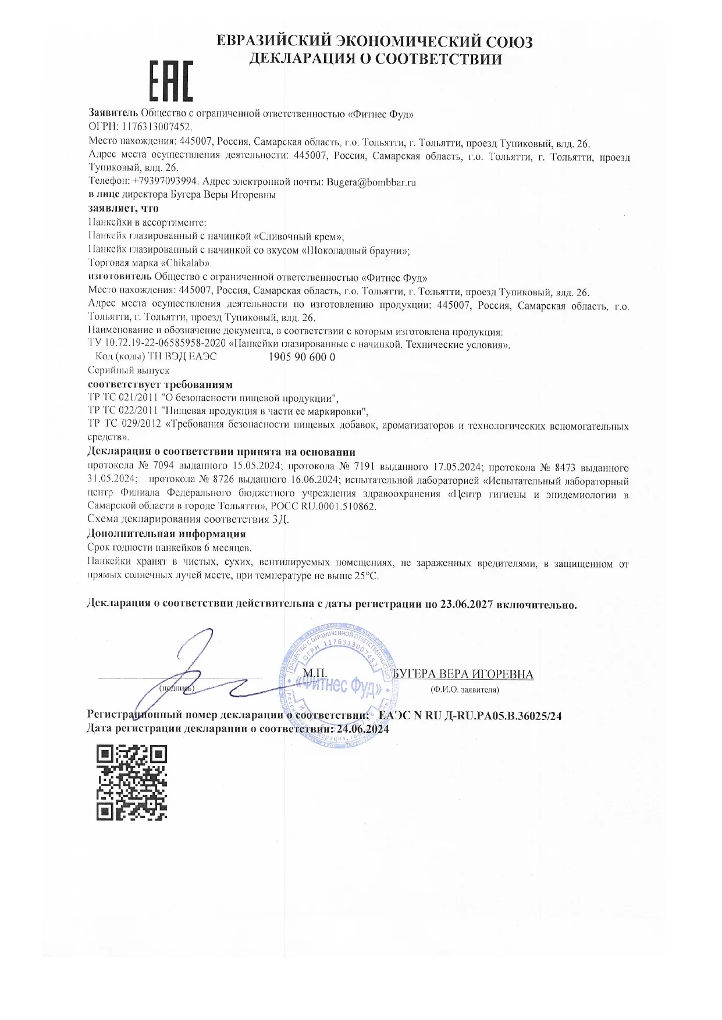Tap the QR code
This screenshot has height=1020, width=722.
(x=132, y=782)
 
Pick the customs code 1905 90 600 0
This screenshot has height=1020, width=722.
(x=303, y=357)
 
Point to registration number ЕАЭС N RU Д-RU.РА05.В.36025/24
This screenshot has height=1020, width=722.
(x=470, y=716)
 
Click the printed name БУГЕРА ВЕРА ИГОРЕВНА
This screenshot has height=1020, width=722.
(x=463, y=674)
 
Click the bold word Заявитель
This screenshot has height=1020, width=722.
(x=113, y=114)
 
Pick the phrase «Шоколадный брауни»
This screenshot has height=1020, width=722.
(x=354, y=251)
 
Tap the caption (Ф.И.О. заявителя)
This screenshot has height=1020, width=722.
(x=464, y=690)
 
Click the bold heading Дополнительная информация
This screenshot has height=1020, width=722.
(x=166, y=533)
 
